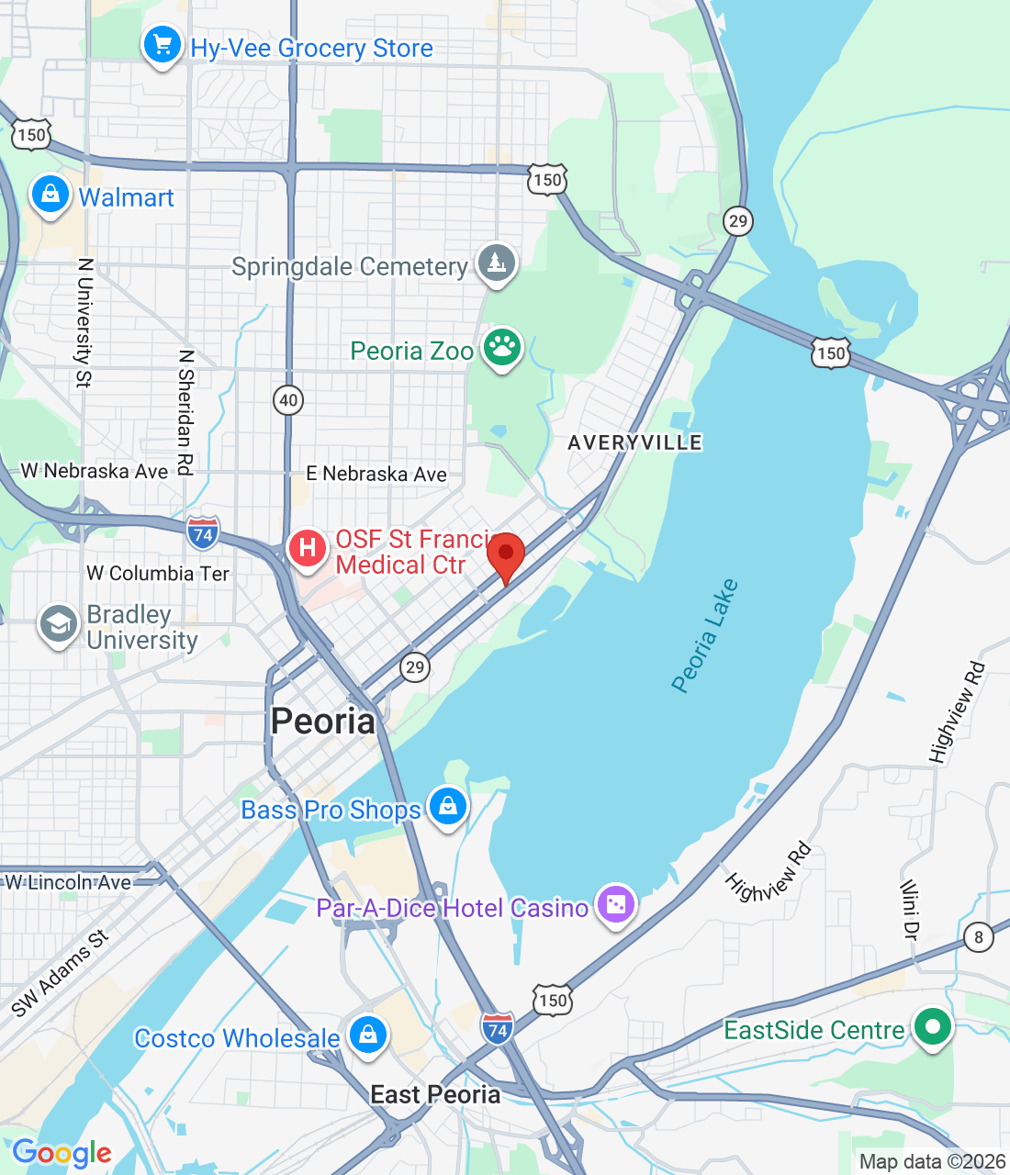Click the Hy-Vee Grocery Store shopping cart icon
pyautogui.click(x=163, y=44)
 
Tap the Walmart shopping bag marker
pyautogui.click(x=50, y=195)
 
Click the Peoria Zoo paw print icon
pyautogui.click(x=502, y=348)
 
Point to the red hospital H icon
pyautogui.click(x=307, y=549)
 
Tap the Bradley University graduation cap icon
pyautogui.click(x=58, y=624)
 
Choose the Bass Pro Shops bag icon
pyautogui.click(x=447, y=807)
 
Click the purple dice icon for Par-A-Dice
pyautogui.click(x=615, y=905)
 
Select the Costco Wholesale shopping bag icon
pyautogui.click(x=367, y=1035)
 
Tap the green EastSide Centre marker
pyautogui.click(x=933, y=1027)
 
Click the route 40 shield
pyautogui.click(x=288, y=400)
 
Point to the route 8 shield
pyautogui.click(x=979, y=937)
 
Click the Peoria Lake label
pyautogui.click(x=704, y=635)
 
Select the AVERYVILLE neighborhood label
pyautogui.click(x=634, y=443)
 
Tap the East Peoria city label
pyautogui.click(x=435, y=1095)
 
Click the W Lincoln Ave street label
pyautogui.click(x=69, y=883)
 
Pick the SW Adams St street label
pyautogui.click(x=60, y=974)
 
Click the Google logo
pyautogui.click(x=62, y=1153)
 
